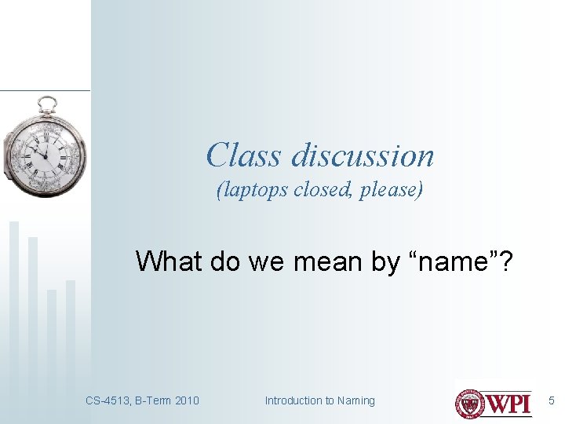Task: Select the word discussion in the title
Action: [x=362, y=155]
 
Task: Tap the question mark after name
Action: [x=507, y=261]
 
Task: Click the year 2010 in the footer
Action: [x=185, y=400]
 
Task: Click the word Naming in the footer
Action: [x=355, y=400]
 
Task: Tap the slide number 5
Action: [x=551, y=400]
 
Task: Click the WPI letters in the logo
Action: [x=509, y=403]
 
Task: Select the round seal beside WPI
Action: [x=471, y=402]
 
